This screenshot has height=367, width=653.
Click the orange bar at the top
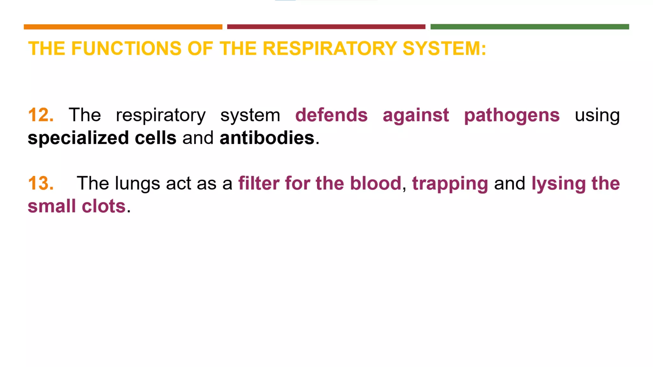click(x=123, y=27)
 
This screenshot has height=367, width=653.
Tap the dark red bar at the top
click(x=326, y=27)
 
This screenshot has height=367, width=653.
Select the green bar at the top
click(x=530, y=27)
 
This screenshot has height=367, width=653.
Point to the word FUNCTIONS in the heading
click(x=126, y=48)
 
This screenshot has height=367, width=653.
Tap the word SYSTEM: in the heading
click(x=444, y=48)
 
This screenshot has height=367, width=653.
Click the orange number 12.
click(x=40, y=115)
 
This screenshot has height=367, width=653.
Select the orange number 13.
click(x=40, y=183)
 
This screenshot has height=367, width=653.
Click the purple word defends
click(x=331, y=115)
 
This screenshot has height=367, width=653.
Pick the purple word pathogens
click(x=512, y=115)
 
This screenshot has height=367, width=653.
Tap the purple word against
click(x=416, y=115)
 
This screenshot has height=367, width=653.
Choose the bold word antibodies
click(x=267, y=138)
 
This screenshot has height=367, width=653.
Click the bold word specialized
click(x=78, y=138)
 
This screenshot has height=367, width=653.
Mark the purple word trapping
click(x=450, y=184)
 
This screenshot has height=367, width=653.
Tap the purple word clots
click(x=104, y=206)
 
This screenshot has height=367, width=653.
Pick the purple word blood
click(x=375, y=183)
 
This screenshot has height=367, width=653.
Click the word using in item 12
click(x=597, y=115)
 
